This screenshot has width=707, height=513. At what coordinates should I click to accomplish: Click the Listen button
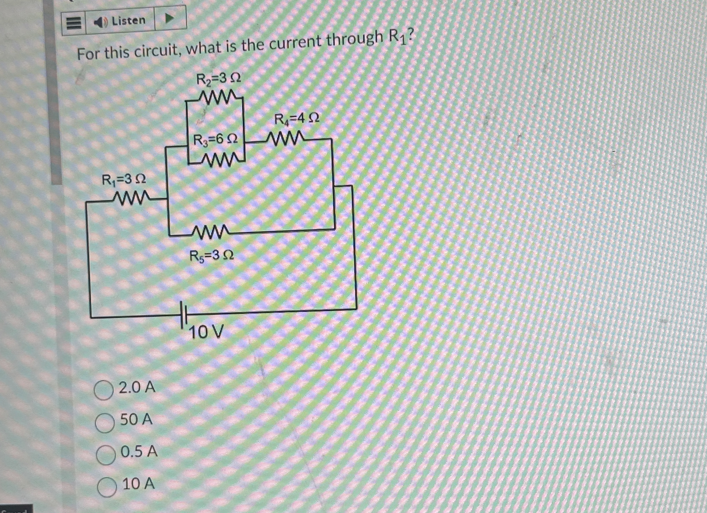(120, 21)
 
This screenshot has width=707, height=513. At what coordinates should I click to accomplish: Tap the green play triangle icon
(169, 20)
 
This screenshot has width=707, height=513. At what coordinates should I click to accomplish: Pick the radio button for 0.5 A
(106, 455)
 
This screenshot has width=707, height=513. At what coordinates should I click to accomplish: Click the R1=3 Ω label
(124, 180)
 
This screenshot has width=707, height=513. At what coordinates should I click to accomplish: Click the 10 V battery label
(206, 332)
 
